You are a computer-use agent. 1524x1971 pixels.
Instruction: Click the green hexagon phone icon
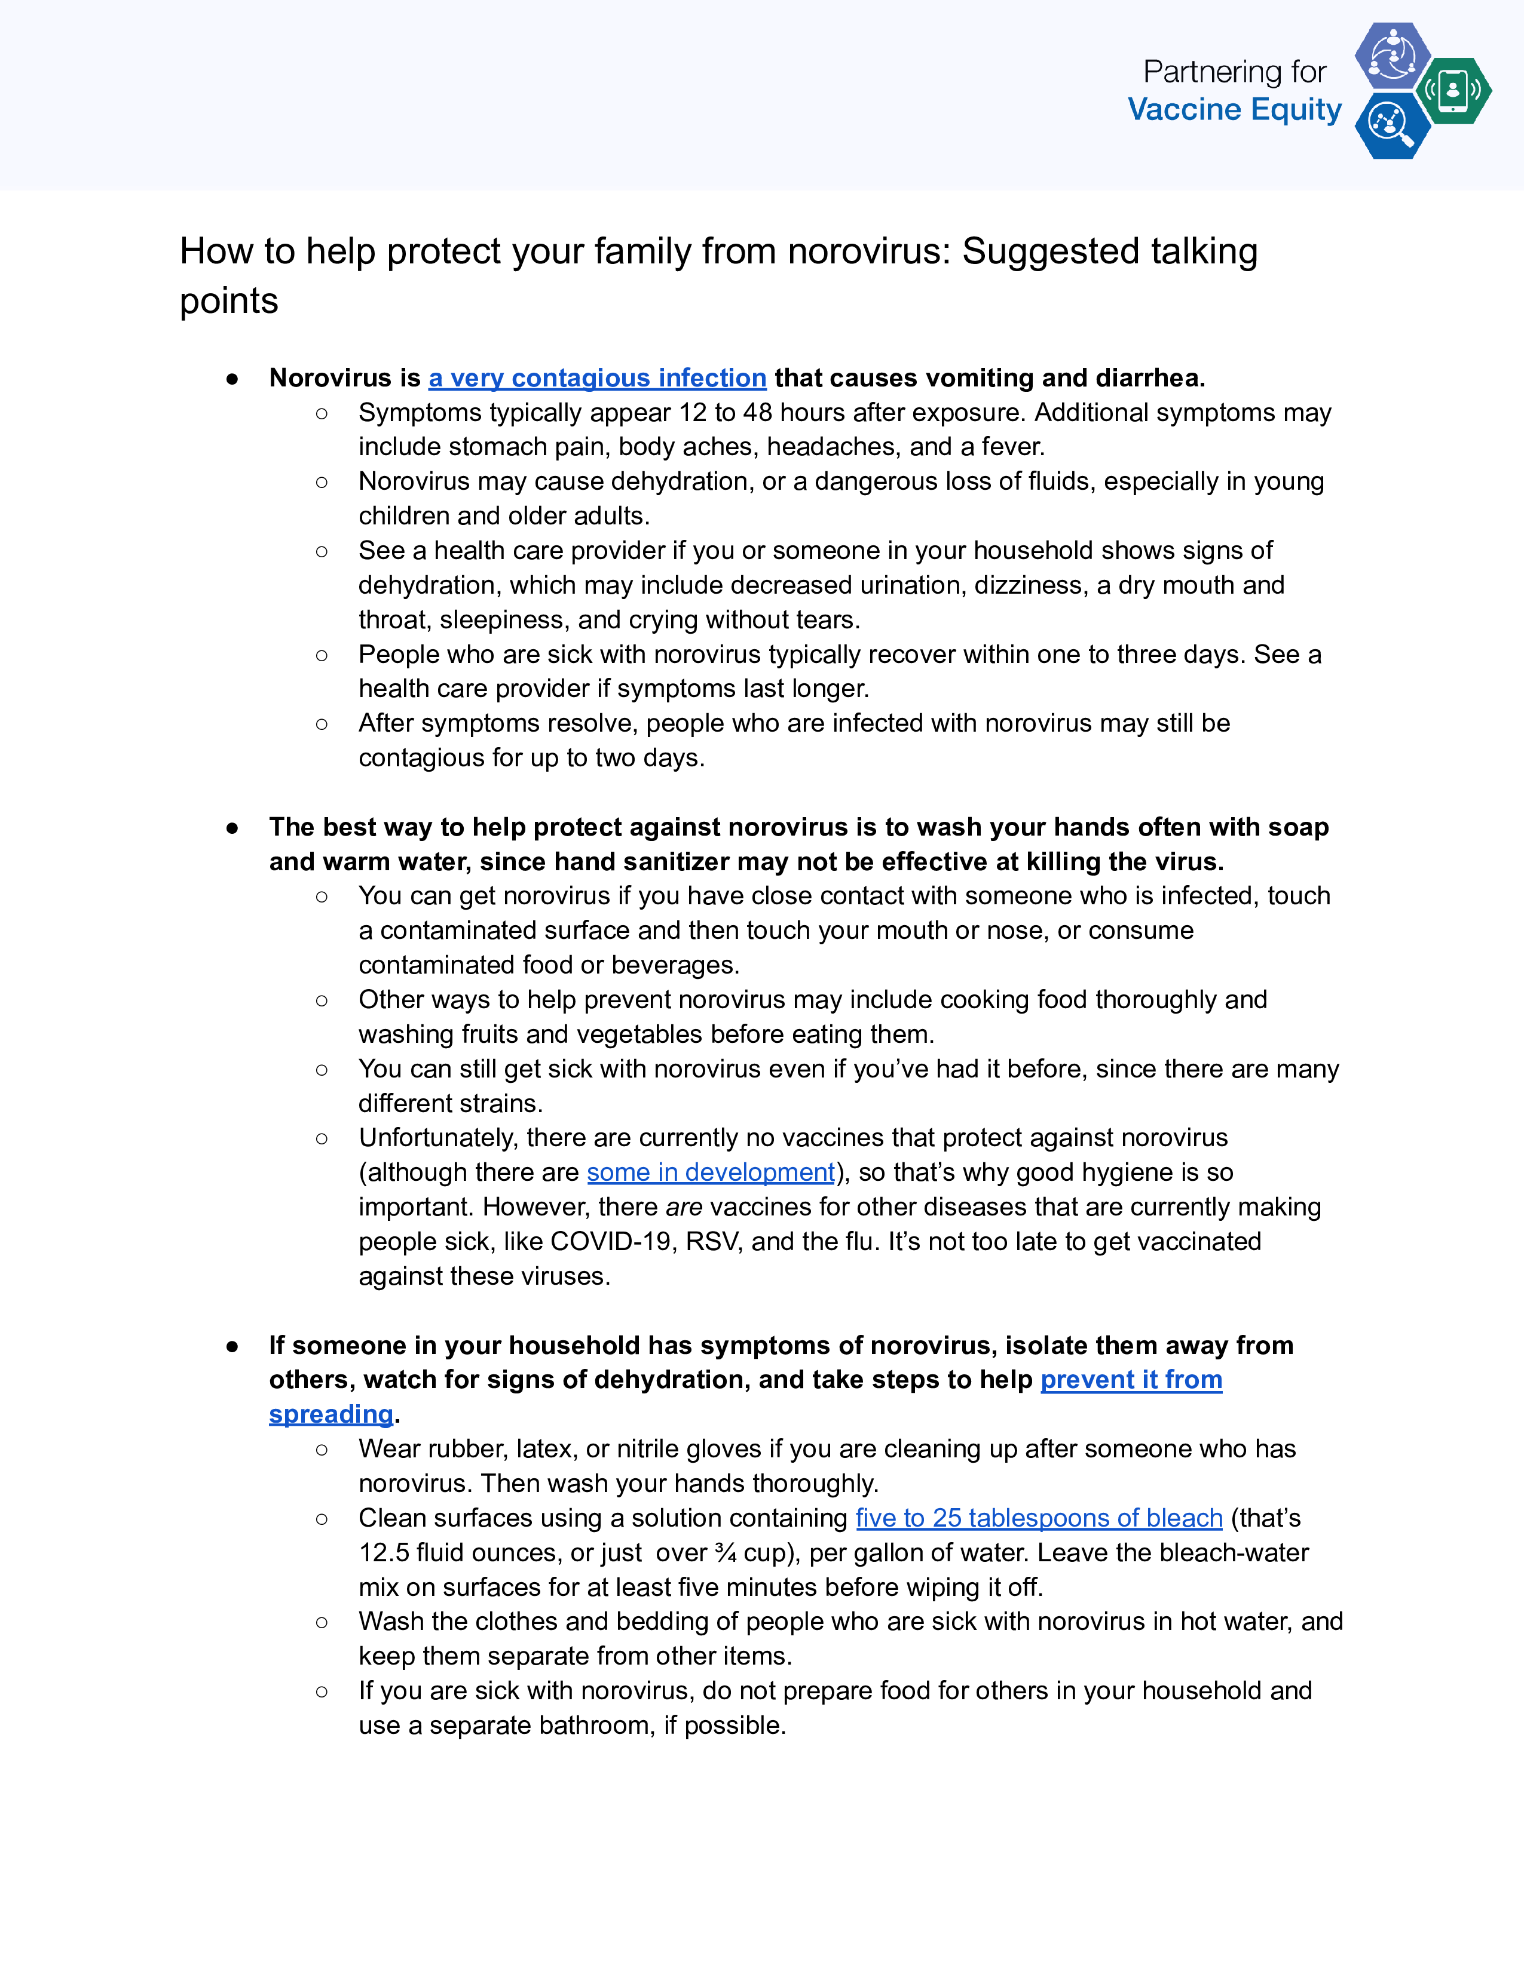(x=1453, y=90)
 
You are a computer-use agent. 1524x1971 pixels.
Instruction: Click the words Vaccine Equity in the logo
(x=1234, y=109)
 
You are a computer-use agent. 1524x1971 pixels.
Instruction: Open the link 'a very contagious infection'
(x=597, y=377)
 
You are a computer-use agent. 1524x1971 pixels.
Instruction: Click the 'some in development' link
(x=711, y=1172)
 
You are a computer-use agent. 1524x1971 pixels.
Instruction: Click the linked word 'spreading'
(x=330, y=1414)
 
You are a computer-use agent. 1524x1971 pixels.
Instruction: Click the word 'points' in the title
(x=228, y=300)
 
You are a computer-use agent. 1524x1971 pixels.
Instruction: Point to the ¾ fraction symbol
(x=725, y=1552)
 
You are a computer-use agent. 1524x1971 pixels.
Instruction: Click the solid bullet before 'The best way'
(x=232, y=828)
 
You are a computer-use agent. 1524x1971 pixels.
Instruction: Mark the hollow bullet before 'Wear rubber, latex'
(x=322, y=1450)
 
